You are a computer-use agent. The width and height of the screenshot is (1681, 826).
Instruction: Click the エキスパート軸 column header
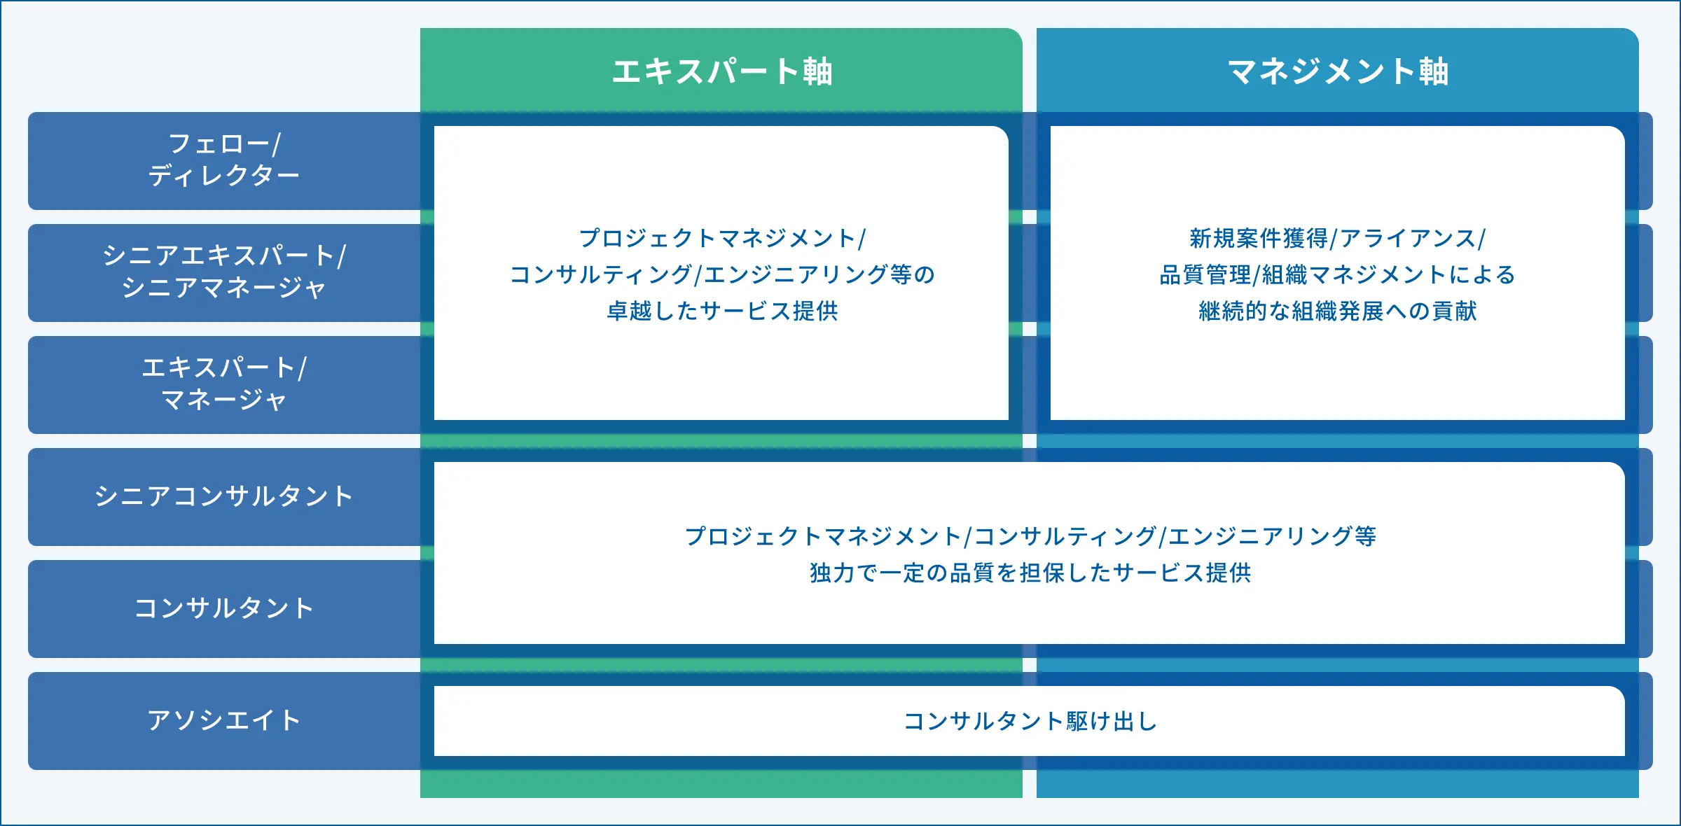pos(722,71)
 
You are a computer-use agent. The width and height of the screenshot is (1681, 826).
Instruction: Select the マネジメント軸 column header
pos(1338,71)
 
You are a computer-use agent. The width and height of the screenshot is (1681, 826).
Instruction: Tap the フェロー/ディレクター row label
pos(224,160)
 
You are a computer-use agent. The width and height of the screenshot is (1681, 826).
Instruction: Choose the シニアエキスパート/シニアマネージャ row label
pos(224,272)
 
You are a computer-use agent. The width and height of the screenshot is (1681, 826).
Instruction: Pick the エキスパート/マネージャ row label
pos(224,384)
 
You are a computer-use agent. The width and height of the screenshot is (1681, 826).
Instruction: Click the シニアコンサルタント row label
pos(224,496)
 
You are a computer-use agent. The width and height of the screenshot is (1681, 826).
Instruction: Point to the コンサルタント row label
pos(224,608)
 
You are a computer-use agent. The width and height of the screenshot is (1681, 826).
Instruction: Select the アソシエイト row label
pos(224,720)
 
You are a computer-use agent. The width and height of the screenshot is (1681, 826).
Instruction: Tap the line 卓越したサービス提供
pos(722,311)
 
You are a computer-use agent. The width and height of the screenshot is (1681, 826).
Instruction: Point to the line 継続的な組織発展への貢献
pos(1338,311)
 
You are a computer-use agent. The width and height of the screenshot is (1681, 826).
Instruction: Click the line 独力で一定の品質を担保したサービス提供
pos(1030,573)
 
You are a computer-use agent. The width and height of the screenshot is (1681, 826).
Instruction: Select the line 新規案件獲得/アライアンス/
pos(1338,238)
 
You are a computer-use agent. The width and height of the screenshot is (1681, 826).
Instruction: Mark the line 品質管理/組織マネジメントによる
pos(1338,274)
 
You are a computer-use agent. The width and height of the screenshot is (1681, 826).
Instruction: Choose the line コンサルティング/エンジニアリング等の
pos(722,274)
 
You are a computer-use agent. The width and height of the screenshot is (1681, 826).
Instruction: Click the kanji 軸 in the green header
pos(817,71)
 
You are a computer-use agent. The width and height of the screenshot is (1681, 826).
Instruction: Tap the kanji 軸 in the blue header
pos(1434,71)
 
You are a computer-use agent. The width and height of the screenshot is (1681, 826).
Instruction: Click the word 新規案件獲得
pos(1259,238)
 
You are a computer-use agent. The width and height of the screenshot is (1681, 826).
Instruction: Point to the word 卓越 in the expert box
pos(629,311)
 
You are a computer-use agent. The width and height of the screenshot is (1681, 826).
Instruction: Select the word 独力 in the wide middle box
pos(832,573)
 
